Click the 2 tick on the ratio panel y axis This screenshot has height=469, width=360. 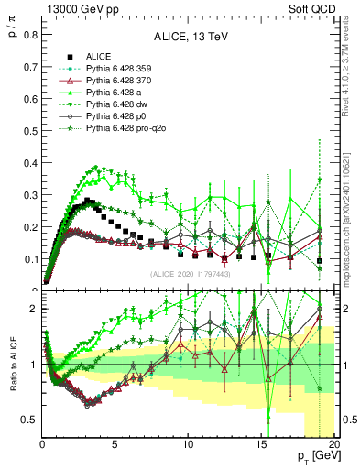[x=33, y=309]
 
